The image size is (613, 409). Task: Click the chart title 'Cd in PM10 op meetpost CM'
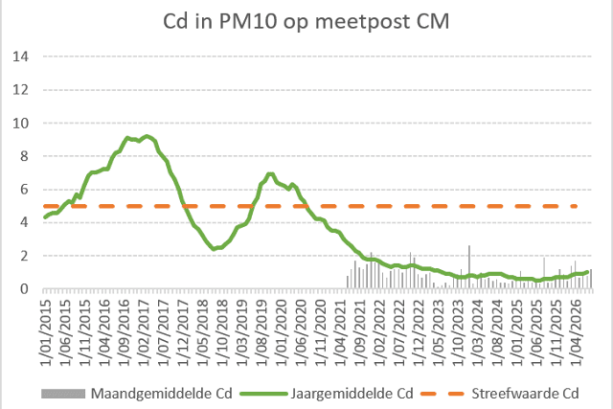pos(306,21)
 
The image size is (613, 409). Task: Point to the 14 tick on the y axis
pos(21,57)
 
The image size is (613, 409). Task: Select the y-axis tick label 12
pos(21,90)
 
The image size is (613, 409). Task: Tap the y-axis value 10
pos(21,124)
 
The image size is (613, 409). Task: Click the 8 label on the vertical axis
pos(24,156)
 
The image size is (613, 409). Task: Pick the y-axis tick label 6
pos(24,190)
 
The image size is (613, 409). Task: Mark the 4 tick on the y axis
pos(24,222)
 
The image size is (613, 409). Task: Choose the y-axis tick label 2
pos(24,256)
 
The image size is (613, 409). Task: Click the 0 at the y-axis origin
pos(24,289)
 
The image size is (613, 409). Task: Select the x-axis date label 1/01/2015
pos(45,333)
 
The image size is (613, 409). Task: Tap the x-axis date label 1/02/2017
pos(144,333)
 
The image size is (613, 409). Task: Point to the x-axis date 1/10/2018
pos(222,333)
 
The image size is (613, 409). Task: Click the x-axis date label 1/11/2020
pos(321,333)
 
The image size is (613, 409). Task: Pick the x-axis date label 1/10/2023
pos(458,333)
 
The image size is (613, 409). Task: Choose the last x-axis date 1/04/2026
pos(576,333)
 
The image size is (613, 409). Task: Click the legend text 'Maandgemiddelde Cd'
pos(162,394)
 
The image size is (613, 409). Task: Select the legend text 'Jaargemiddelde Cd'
pos(352,394)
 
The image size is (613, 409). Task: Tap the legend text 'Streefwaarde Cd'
pos(525,394)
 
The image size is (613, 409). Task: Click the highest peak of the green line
pos(147,136)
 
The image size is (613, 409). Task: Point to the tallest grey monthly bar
pos(469,267)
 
